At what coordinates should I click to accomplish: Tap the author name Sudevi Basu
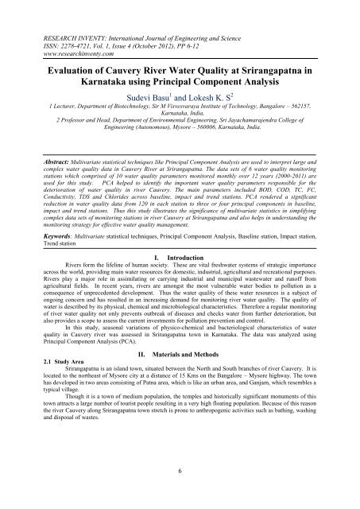click(149, 92)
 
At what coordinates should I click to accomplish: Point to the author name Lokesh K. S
click(217, 92)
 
